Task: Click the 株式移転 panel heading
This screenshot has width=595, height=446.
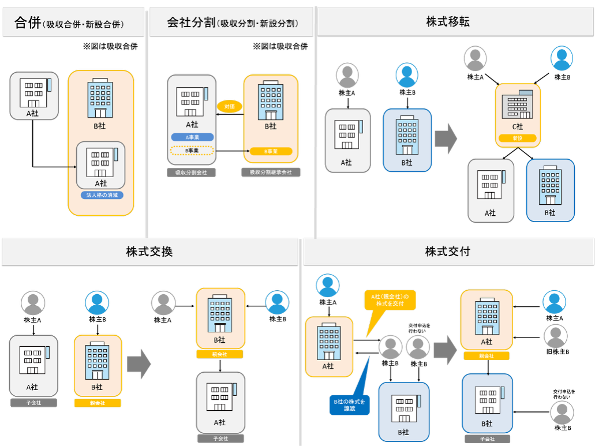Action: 448,22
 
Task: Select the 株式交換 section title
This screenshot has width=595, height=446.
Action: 149,252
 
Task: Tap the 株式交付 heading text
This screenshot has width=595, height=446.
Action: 448,252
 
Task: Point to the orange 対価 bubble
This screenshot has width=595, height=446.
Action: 230,106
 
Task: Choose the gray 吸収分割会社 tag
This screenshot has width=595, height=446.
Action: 191,172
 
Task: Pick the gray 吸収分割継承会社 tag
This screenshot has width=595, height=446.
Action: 271,172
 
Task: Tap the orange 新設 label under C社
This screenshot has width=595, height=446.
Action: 518,138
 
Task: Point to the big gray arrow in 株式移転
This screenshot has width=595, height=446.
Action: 446,138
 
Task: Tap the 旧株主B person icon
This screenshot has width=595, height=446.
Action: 555,336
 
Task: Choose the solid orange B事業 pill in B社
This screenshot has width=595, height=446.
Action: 271,151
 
